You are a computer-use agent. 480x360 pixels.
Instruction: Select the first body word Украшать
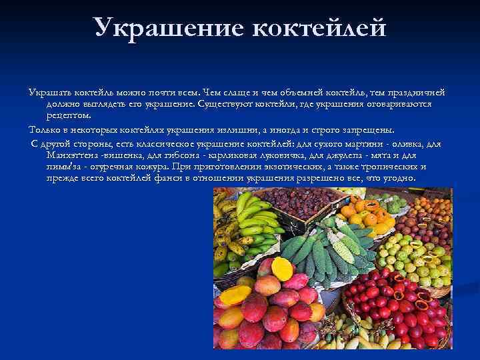(x=50, y=92)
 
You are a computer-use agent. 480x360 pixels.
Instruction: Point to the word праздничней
(x=418, y=92)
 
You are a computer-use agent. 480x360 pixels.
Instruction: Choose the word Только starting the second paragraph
(x=44, y=129)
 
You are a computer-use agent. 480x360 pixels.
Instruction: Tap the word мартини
(x=377, y=143)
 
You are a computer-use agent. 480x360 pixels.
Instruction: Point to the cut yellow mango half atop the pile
(x=282, y=268)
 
